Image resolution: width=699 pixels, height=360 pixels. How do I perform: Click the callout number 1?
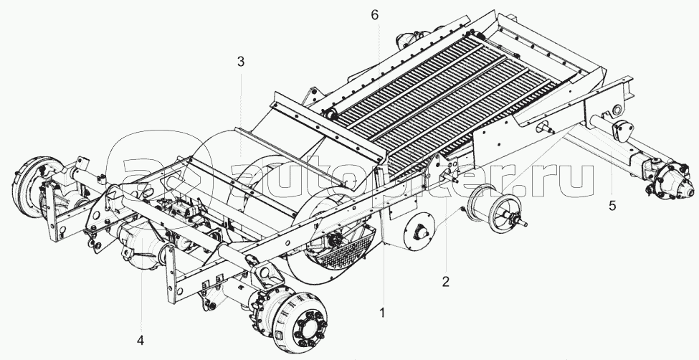coord(382,313)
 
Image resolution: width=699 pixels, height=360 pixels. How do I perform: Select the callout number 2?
coord(445,281)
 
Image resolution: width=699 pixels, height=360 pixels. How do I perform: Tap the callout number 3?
coord(241,62)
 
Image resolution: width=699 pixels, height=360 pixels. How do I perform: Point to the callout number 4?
coord(141,339)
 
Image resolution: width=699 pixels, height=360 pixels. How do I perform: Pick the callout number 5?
coord(612,205)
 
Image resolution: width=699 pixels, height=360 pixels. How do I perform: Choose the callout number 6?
coord(375,14)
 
